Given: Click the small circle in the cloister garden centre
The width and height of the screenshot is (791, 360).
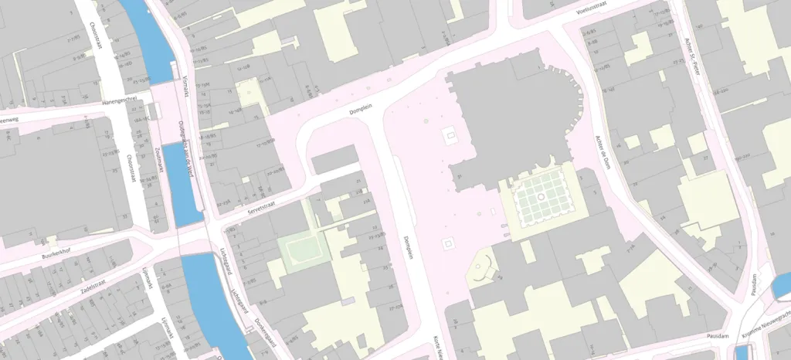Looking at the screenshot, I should pyautogui.click(x=541, y=197).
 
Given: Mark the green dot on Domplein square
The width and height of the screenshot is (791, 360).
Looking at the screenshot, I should pyautogui.click(x=426, y=121).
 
